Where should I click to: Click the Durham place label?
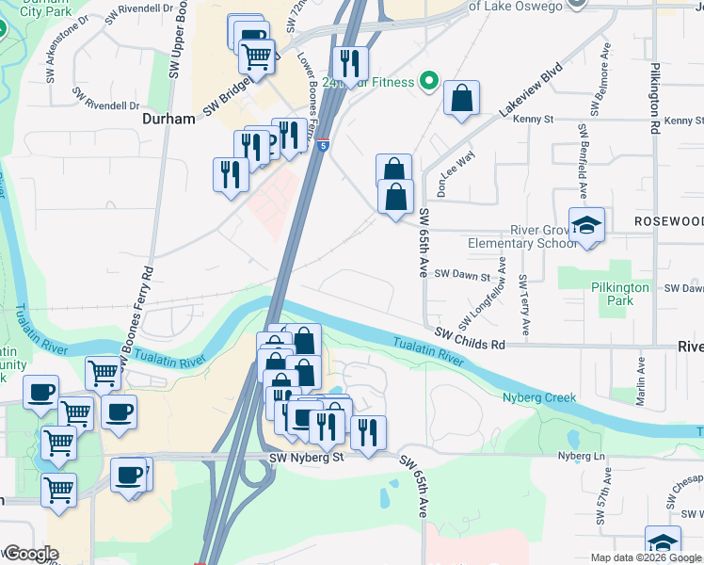[x=168, y=120]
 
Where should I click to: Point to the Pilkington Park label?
[x=620, y=294]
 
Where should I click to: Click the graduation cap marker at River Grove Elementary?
[x=587, y=225]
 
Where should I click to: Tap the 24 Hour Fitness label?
[x=368, y=82]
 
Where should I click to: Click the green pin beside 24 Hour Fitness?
[x=430, y=82]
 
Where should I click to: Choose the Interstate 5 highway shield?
[x=323, y=146]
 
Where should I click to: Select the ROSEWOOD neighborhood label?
[x=668, y=220]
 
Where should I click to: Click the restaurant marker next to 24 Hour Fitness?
[x=349, y=64]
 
